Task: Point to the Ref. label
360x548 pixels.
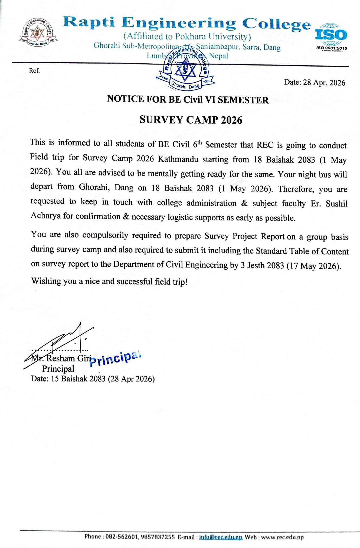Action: point(34,71)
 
